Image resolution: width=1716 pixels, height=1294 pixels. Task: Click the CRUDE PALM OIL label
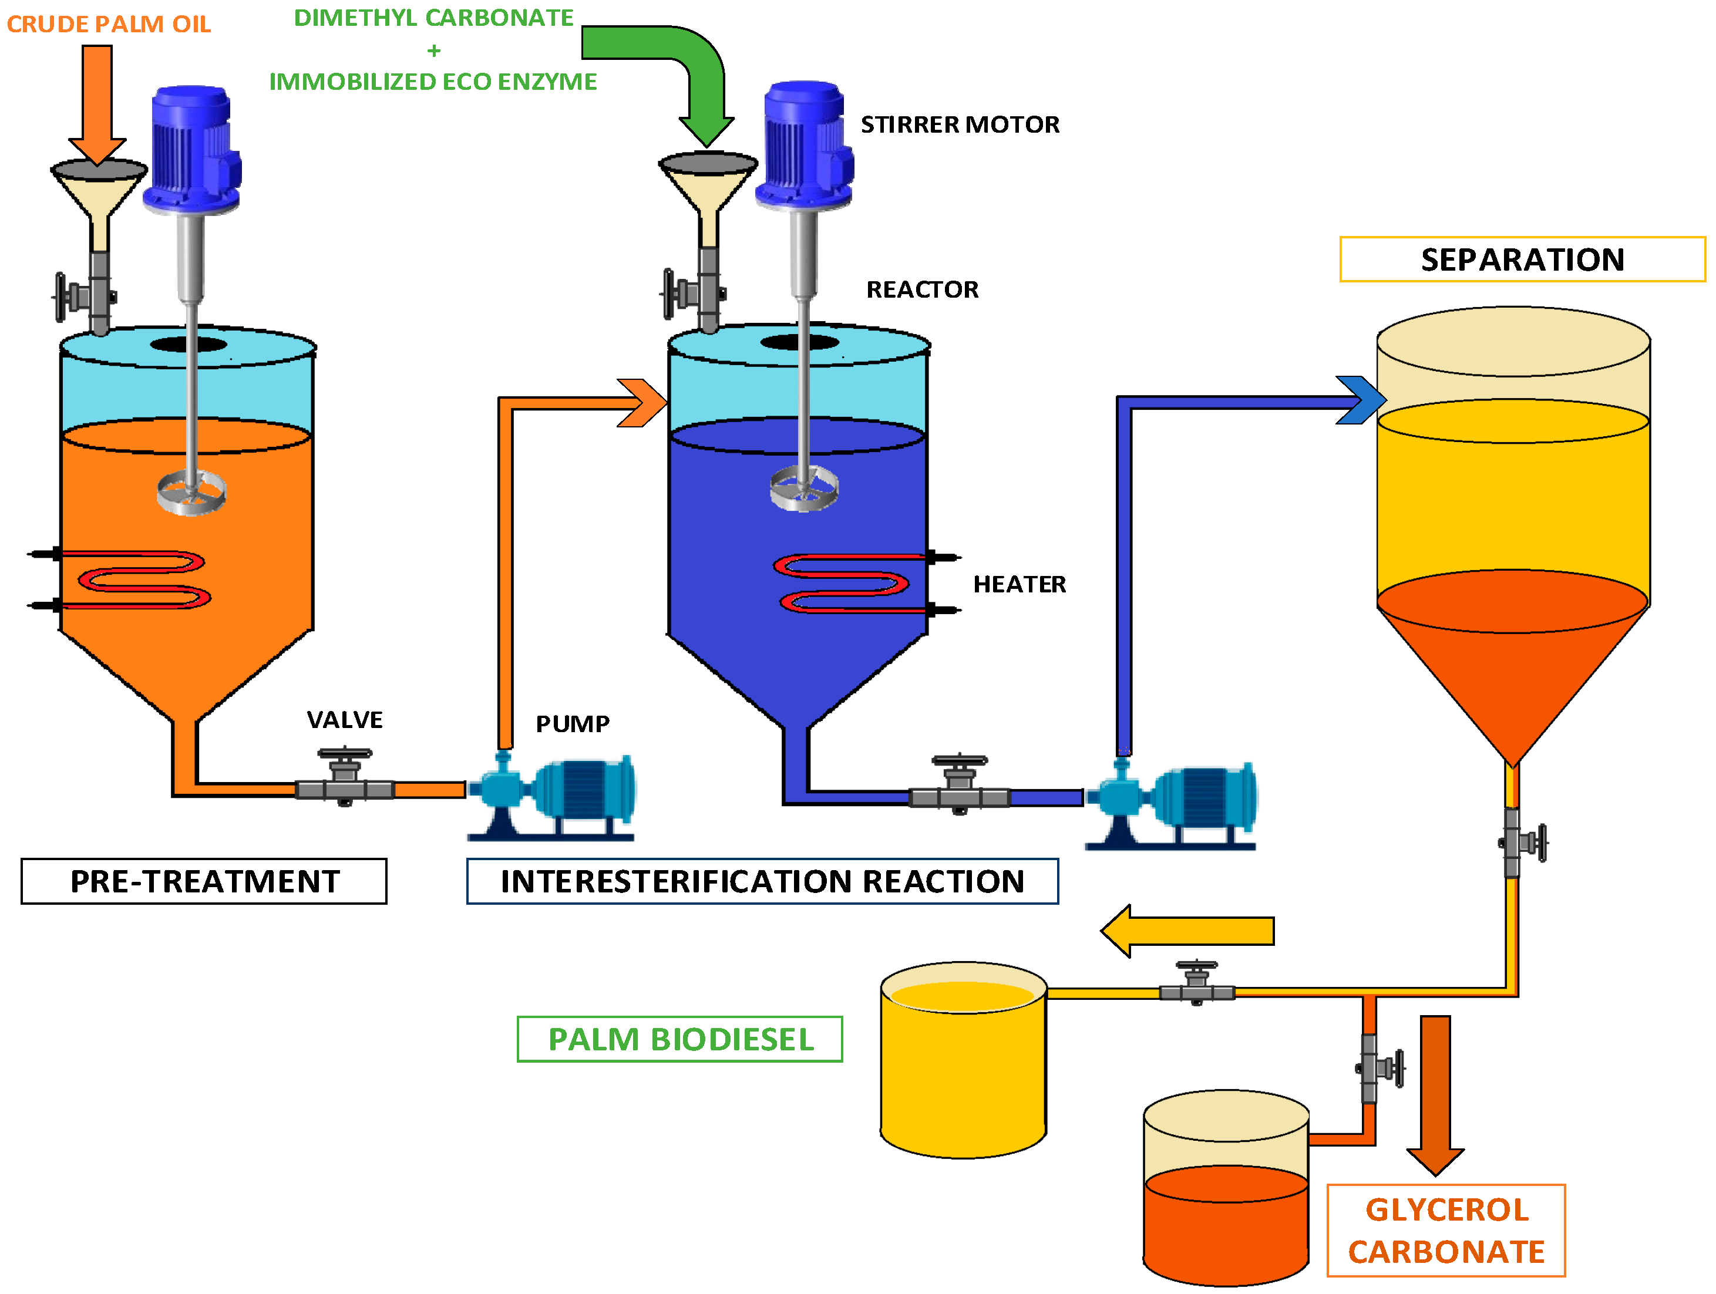point(109,24)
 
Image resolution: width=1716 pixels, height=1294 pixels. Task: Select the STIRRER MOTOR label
point(960,125)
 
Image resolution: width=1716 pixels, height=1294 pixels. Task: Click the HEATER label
point(1019,584)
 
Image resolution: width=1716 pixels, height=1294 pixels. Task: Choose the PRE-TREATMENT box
point(204,881)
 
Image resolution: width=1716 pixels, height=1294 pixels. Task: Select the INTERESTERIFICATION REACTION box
point(763,881)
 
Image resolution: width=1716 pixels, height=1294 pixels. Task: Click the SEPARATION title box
point(1522,259)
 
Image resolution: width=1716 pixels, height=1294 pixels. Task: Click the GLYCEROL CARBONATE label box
point(1446,1231)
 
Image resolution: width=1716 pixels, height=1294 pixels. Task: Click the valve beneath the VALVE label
point(345,780)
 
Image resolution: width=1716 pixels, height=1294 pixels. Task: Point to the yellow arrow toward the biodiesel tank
point(1187,931)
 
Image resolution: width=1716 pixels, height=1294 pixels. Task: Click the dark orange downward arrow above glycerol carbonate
point(1435,1094)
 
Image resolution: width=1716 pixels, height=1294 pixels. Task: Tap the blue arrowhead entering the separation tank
point(1361,400)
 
